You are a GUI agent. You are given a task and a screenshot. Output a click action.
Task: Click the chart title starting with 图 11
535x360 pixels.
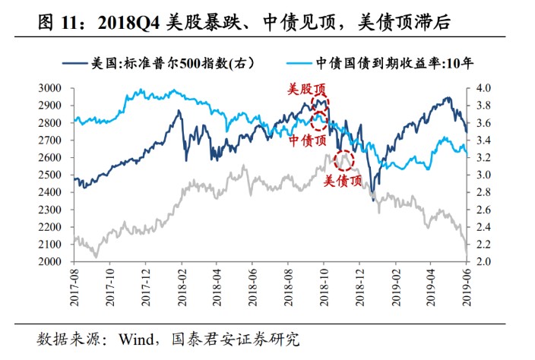click(243, 22)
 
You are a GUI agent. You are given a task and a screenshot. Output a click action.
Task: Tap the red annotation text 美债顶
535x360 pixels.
click(343, 181)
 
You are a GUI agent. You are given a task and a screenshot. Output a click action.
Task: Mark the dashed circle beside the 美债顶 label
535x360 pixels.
click(343, 159)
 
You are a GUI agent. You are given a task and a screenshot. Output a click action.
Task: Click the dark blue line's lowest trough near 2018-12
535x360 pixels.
click(373, 201)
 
